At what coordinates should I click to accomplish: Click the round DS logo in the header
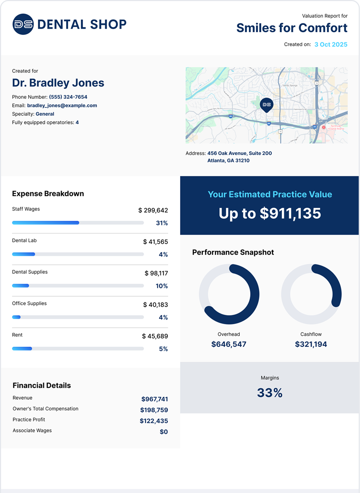(x=23, y=24)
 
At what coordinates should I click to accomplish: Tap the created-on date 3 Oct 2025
(x=331, y=44)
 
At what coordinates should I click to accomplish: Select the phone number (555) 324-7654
(x=68, y=97)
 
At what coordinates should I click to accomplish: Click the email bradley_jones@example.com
(x=62, y=105)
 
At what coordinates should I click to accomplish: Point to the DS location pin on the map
(x=266, y=105)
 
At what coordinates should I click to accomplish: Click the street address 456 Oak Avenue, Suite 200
(x=239, y=153)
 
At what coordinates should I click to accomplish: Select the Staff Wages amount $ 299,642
(x=153, y=210)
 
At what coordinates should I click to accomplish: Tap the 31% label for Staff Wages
(x=162, y=223)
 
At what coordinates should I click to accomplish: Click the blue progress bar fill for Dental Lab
(x=24, y=254)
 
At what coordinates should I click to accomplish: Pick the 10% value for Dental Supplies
(x=161, y=286)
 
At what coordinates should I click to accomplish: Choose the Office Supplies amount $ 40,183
(x=155, y=305)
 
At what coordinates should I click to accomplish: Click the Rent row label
(x=17, y=335)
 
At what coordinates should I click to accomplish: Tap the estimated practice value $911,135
(x=290, y=214)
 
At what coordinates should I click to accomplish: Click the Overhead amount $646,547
(x=229, y=344)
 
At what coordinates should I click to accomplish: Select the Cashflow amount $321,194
(x=311, y=344)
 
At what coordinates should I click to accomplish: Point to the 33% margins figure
(x=270, y=393)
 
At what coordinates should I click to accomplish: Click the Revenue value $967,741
(x=155, y=399)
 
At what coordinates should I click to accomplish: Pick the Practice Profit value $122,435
(x=154, y=421)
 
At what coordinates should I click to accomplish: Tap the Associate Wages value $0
(x=164, y=432)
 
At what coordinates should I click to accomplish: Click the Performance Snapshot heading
(x=233, y=252)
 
